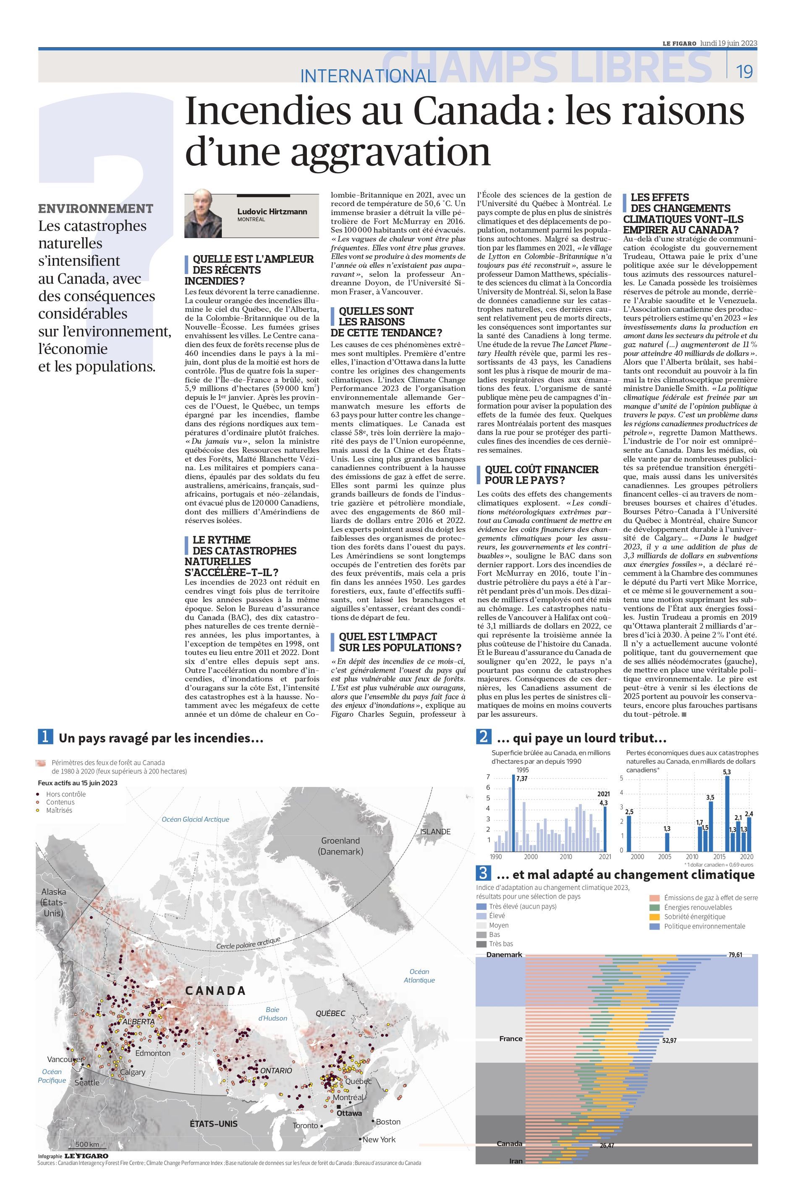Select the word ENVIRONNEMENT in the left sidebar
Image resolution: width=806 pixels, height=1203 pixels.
[x=96, y=208]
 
